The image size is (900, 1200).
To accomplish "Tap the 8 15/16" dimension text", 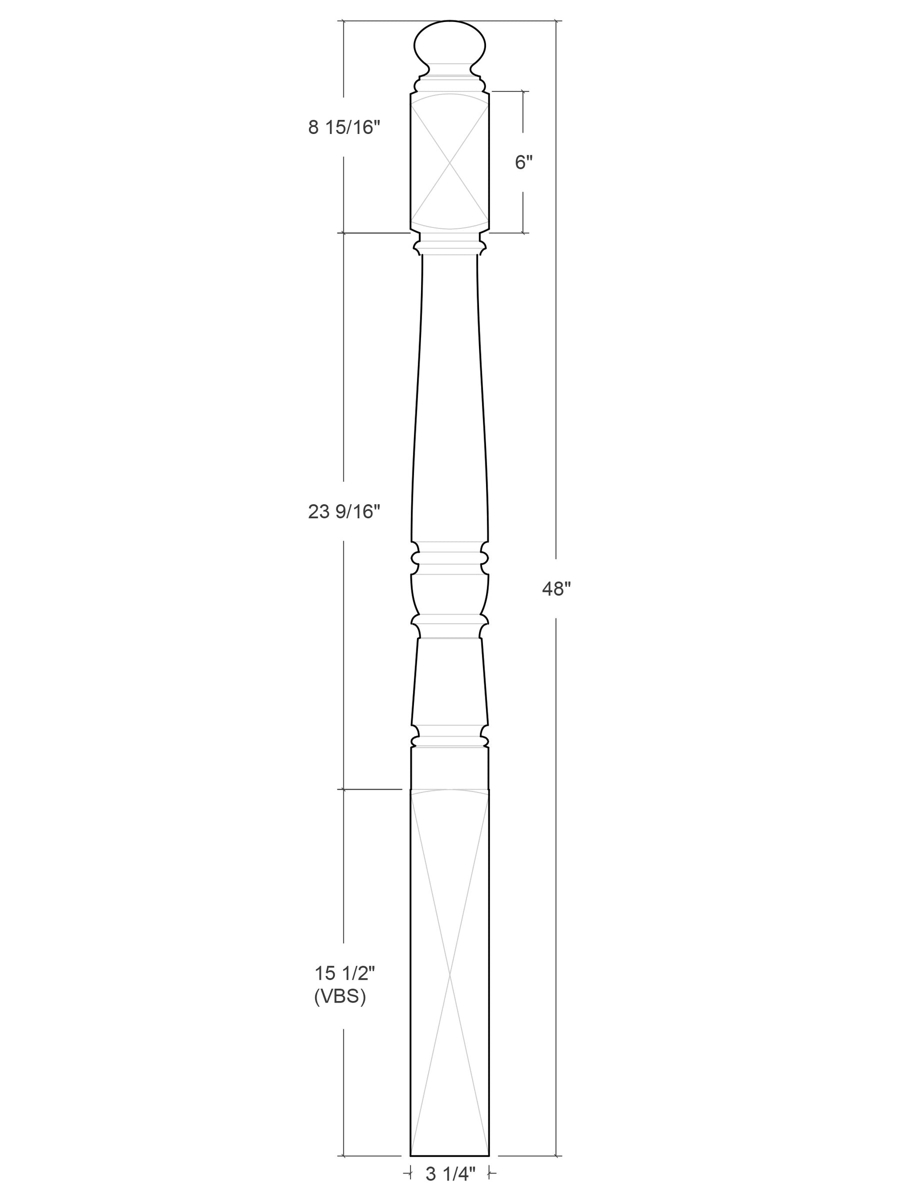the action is [x=344, y=127].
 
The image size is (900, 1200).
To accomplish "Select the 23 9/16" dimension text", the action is [x=344, y=512].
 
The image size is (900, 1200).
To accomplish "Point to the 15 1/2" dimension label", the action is [x=344, y=973].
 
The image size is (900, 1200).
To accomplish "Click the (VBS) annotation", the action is [x=340, y=997].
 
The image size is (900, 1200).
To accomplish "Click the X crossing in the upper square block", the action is [x=449, y=161].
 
